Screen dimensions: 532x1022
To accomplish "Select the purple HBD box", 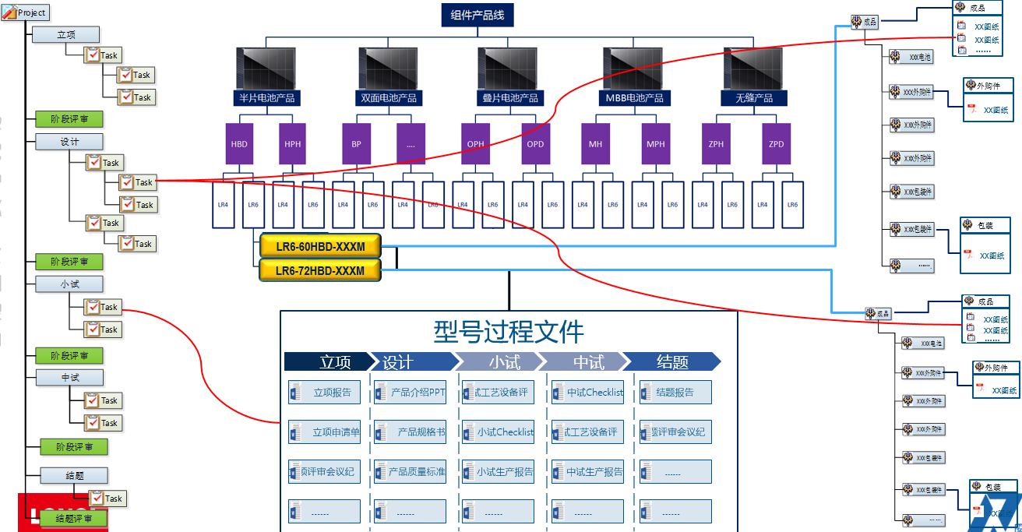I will [x=239, y=144].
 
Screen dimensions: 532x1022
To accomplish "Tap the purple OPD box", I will [x=535, y=144].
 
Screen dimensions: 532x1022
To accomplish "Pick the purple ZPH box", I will [x=716, y=144].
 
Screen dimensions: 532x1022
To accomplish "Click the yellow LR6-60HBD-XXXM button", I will [x=320, y=247].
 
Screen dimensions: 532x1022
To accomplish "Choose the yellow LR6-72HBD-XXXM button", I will [x=320, y=271].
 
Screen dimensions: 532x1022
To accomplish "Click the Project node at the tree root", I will [x=26, y=12].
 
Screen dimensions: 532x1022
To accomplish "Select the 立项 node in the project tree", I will [x=65, y=34].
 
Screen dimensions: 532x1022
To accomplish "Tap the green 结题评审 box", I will [x=70, y=518].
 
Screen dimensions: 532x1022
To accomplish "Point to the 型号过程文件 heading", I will [x=508, y=331].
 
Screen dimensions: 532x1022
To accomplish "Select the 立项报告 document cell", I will [x=325, y=393].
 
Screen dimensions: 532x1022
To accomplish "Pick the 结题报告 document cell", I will [x=675, y=393].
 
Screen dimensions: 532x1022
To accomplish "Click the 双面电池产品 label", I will [x=389, y=98].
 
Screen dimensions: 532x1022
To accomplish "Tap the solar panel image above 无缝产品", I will [x=752, y=69].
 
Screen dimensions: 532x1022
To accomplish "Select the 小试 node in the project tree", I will [x=69, y=284].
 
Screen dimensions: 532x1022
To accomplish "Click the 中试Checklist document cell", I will [x=587, y=393].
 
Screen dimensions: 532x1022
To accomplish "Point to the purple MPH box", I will [x=656, y=144].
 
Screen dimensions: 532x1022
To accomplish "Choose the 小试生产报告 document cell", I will [x=498, y=471].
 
